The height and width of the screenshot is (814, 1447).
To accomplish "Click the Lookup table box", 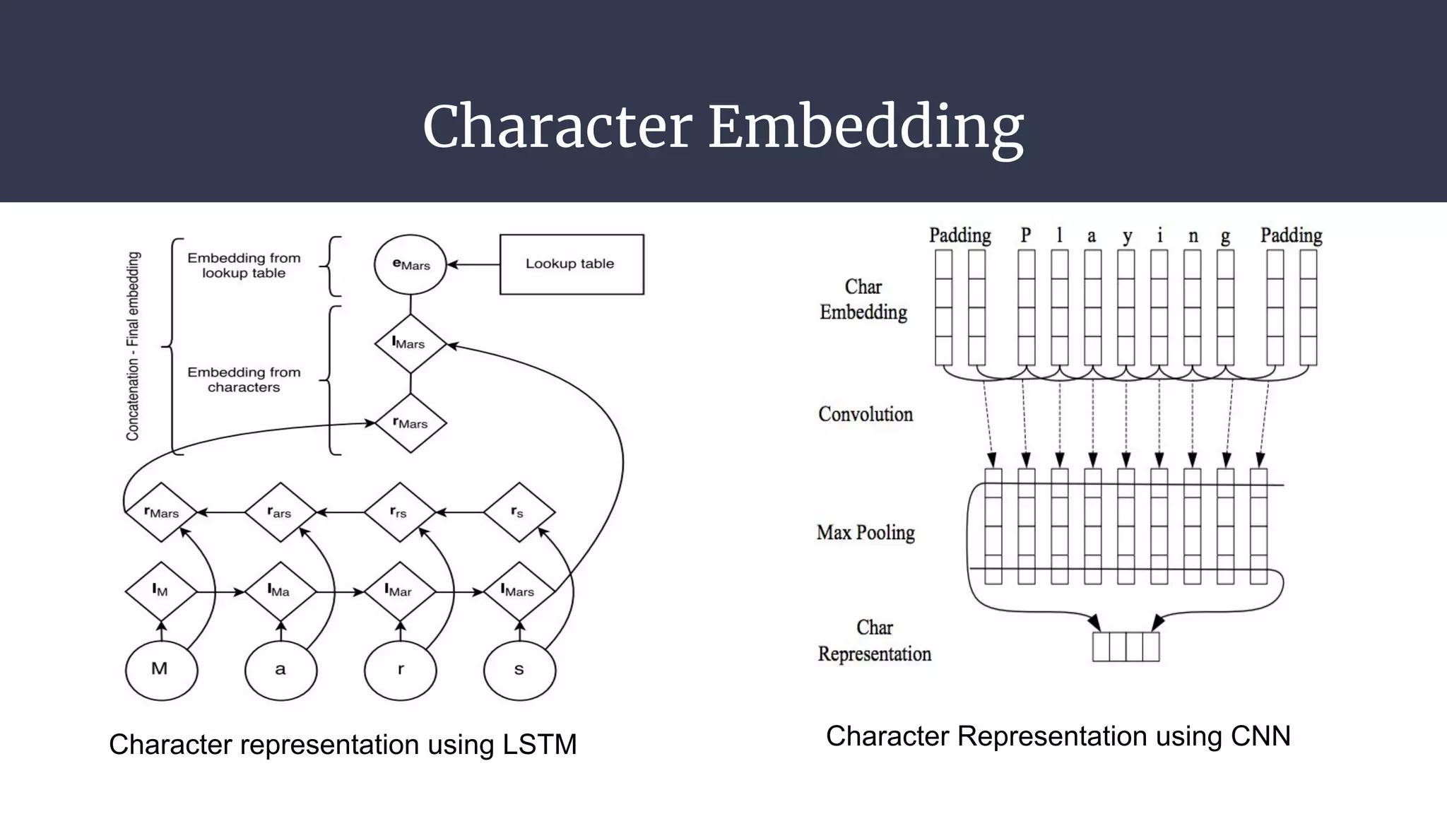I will tap(572, 264).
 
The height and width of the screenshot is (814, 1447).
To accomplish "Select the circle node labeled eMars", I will tap(411, 265).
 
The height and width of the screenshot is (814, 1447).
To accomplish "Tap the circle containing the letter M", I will tap(161, 668).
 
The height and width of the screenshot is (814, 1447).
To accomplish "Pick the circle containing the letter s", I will tap(519, 668).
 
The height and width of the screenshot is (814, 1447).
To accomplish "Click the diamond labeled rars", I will tap(280, 512).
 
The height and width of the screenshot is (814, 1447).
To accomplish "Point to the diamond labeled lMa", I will tap(280, 591).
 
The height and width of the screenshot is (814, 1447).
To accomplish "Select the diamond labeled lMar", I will tap(400, 591).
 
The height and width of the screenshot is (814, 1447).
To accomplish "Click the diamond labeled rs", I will tap(519, 512).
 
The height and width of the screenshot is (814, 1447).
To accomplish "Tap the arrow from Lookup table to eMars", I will tap(473, 265).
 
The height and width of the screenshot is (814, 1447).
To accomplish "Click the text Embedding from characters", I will tap(244, 379).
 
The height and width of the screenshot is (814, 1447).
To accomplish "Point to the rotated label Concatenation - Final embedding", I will tap(133, 346).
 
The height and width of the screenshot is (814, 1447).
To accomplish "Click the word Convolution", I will tap(866, 414).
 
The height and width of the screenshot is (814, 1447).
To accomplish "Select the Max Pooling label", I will tap(866, 532).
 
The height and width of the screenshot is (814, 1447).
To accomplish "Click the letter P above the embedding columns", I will tap(1026, 235).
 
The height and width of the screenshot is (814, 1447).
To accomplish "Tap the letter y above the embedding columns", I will tap(1127, 237).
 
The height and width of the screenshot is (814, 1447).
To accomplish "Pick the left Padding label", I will tap(959, 235).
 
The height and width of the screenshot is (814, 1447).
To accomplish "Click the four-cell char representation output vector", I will tap(1126, 647).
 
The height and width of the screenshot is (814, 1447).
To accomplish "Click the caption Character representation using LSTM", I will tap(343, 745).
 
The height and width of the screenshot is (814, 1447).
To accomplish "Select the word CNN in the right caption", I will tap(1260, 736).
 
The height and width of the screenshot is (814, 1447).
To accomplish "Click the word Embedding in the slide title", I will tap(866, 127).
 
